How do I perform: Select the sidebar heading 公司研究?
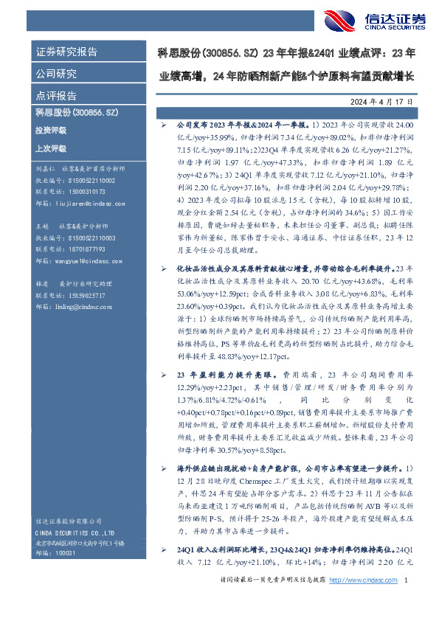tap(56, 74)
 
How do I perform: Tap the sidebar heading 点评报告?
tap(56, 96)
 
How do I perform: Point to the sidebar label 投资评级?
tap(51, 130)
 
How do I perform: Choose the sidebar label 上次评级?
tap(51, 148)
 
